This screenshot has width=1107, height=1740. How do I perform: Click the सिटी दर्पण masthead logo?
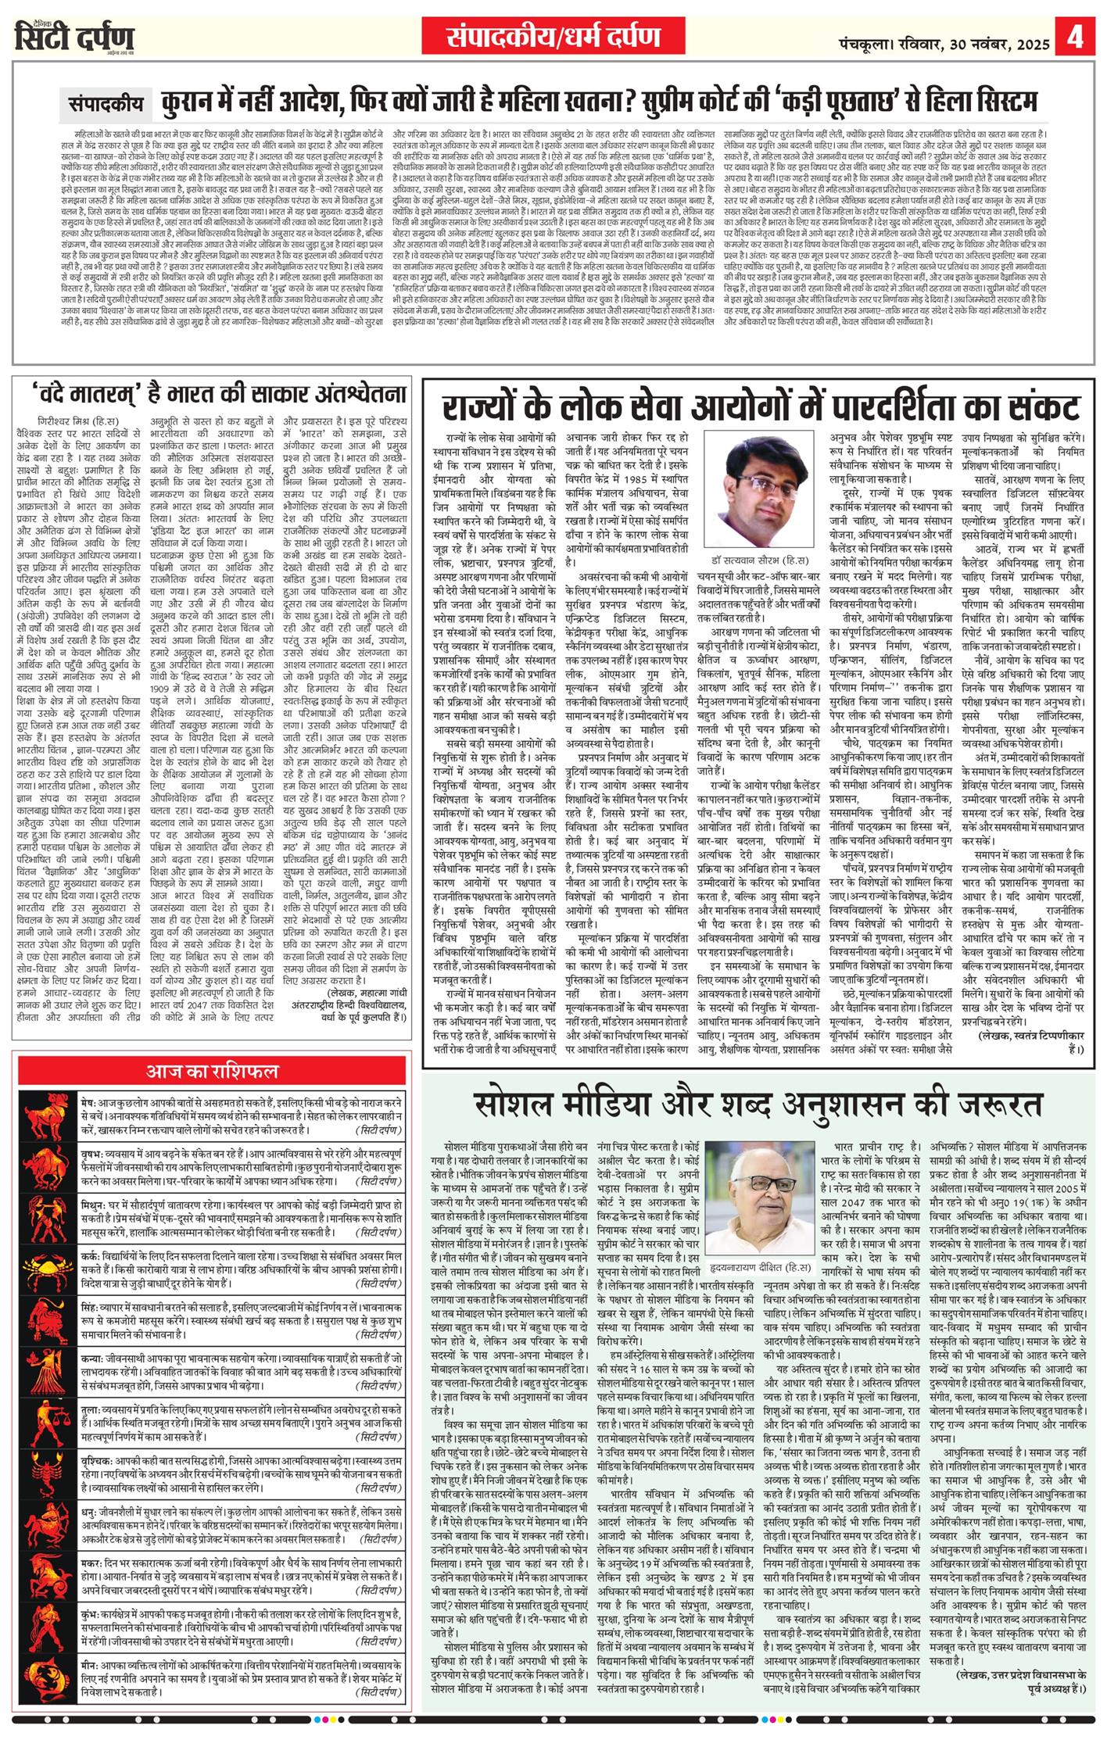[x=74, y=37]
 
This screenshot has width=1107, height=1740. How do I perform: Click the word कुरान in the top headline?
[x=191, y=102]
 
